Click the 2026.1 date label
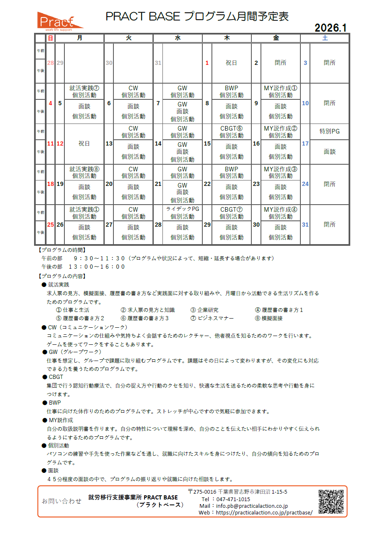[330, 27]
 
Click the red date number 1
[207, 63]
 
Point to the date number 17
[305, 143]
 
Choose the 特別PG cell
[329, 131]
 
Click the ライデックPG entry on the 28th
[182, 209]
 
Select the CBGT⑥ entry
[231, 129]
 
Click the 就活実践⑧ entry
[84, 169]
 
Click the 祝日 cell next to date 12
[84, 143]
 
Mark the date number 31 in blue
[305, 225]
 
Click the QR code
[331, 502]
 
